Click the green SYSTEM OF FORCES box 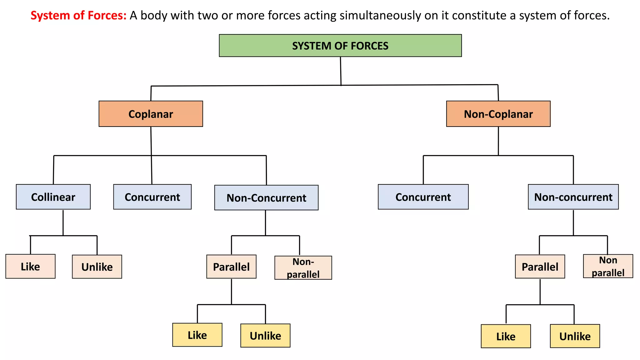click(x=340, y=46)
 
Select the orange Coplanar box click(x=151, y=114)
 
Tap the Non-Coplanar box click(x=498, y=114)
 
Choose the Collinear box click(x=53, y=197)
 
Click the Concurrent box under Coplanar click(x=152, y=197)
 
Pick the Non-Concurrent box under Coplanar click(x=266, y=197)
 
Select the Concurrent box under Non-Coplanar click(x=423, y=197)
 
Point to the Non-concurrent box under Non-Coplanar click(x=573, y=197)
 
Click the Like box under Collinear click(x=30, y=266)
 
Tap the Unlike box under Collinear click(x=97, y=267)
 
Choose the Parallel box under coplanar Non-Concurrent click(x=231, y=267)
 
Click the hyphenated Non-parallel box click(x=303, y=268)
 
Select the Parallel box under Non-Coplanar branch click(x=540, y=267)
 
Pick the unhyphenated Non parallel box click(x=608, y=266)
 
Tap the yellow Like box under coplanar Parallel click(x=197, y=335)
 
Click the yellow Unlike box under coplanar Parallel click(x=265, y=336)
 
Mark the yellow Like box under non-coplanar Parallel click(x=506, y=336)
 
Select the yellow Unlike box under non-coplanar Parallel click(x=575, y=336)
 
